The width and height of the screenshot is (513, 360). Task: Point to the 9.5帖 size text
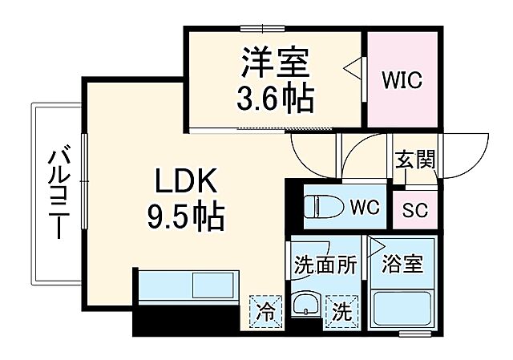click(x=185, y=215)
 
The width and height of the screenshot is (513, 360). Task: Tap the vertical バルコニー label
click(x=55, y=192)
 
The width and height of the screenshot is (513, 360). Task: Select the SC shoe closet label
click(x=414, y=210)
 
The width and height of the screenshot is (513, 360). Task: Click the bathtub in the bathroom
click(x=402, y=310)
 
